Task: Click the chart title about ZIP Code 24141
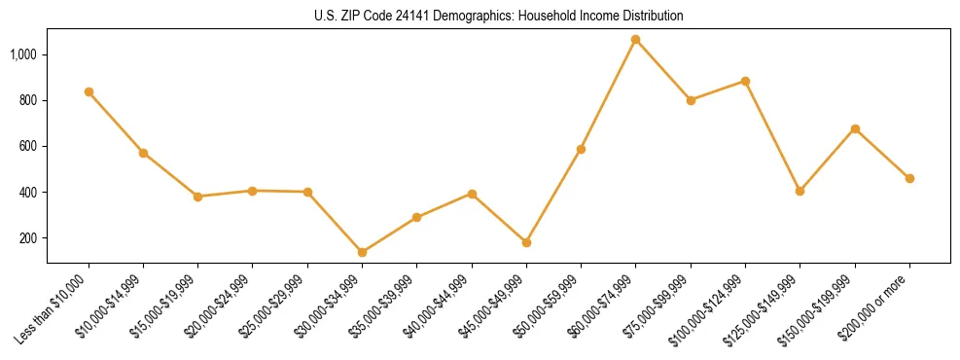[499, 16]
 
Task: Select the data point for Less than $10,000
[89, 91]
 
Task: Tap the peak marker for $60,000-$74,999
[635, 40]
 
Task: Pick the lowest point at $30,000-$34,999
[362, 252]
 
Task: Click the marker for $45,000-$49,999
[526, 242]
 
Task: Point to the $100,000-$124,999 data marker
[745, 81]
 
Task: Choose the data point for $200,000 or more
[909, 178]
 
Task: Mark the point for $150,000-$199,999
[855, 128]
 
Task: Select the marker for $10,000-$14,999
[143, 153]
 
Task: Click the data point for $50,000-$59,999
[581, 149]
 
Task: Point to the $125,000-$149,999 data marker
[800, 191]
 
